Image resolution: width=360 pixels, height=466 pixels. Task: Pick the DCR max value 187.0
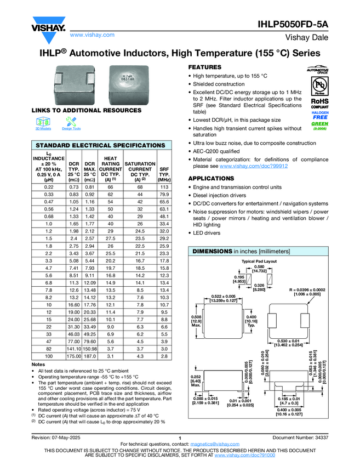pos(90,356)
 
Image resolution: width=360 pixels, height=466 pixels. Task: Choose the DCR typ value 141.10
pos(72,348)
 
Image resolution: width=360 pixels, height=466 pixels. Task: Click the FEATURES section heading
pos(205,67)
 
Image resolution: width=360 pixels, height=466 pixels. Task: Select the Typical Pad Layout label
pos(260,262)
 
